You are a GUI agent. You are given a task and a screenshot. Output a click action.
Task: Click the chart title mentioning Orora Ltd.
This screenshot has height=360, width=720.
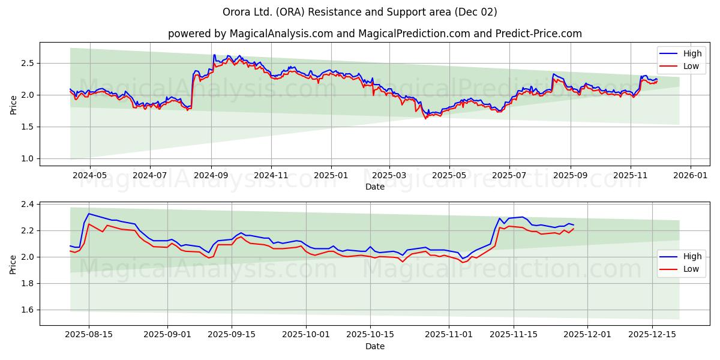[360, 12]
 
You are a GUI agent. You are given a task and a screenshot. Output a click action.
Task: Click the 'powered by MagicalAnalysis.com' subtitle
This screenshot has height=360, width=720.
[374, 34]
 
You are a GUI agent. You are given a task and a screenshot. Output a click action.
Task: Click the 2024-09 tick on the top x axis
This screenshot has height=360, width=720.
[211, 175]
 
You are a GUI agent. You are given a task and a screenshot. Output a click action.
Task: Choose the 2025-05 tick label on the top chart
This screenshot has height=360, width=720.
[449, 175]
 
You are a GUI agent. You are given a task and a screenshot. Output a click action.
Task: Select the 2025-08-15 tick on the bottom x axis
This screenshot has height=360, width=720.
[89, 335]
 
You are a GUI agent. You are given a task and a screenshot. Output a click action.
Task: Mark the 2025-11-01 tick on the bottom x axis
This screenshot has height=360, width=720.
[449, 335]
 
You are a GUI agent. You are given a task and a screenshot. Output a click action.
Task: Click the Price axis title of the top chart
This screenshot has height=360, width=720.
[13, 104]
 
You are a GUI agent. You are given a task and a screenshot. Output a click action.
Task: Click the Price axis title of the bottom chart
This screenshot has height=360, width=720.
[13, 264]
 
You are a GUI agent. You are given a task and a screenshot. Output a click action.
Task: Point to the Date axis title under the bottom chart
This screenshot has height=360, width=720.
[374, 346]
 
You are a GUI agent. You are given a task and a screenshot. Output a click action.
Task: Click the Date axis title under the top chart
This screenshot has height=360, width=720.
[374, 187]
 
